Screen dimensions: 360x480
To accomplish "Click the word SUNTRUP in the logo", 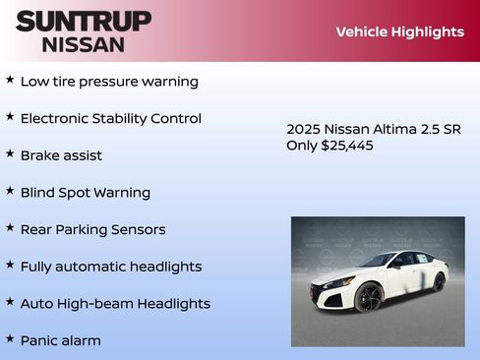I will point(84,21).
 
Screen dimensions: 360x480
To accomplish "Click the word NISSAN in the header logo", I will point(84,44).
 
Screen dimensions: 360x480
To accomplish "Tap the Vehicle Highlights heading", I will point(399,31).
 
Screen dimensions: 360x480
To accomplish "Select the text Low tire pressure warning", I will point(109,82).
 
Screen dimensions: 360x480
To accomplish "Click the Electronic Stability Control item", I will point(110,119).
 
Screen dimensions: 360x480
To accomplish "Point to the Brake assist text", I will point(61,155).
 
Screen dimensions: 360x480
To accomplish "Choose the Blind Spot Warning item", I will point(85,193).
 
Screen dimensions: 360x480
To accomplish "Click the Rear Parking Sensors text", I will point(92,229).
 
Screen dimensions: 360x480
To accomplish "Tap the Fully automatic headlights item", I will point(110,267).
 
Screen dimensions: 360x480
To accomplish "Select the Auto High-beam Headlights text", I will point(115,304).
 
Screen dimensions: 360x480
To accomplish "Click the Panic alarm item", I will point(60,341).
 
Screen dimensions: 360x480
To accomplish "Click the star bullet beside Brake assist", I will point(10,154).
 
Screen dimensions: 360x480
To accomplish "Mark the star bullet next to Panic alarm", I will point(10,339).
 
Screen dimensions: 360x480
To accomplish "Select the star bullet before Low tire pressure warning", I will point(10,80).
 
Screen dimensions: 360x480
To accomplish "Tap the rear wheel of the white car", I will point(439,281).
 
